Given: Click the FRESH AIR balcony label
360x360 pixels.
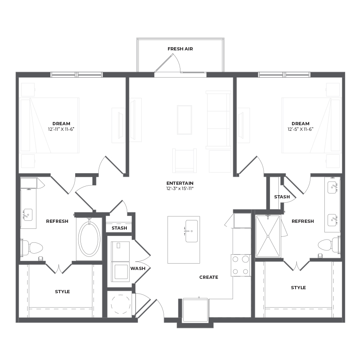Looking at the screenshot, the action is [x=180, y=49].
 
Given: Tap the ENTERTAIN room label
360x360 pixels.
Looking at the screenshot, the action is [x=180, y=183].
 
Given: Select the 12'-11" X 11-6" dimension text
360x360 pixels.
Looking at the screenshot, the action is [x=61, y=129].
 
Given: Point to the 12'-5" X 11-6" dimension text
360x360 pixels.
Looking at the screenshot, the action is [x=300, y=129].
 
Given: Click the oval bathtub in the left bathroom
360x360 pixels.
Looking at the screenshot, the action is [x=89, y=239].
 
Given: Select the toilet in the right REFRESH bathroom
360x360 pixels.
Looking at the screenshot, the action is [x=329, y=245].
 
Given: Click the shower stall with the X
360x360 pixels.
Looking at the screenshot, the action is [x=268, y=236].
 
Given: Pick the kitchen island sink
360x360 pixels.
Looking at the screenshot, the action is [x=192, y=231].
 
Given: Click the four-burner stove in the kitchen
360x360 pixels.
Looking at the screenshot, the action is [x=241, y=266].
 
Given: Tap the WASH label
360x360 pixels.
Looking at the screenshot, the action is [x=138, y=268].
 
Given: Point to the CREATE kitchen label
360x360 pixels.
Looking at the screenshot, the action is [x=209, y=277].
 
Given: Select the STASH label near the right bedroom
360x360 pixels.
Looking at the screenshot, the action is [x=282, y=197].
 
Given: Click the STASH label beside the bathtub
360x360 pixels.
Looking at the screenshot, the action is [x=119, y=228].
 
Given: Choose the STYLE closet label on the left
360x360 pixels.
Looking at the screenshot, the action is [x=62, y=292].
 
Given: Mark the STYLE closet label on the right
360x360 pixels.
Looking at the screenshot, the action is [x=298, y=288].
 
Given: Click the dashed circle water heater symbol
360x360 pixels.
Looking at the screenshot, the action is [x=120, y=304].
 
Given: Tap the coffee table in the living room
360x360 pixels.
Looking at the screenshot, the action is [x=184, y=120].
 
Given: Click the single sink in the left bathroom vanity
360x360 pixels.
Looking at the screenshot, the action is [x=28, y=215].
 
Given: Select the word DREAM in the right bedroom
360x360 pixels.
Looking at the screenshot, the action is [x=300, y=124].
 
